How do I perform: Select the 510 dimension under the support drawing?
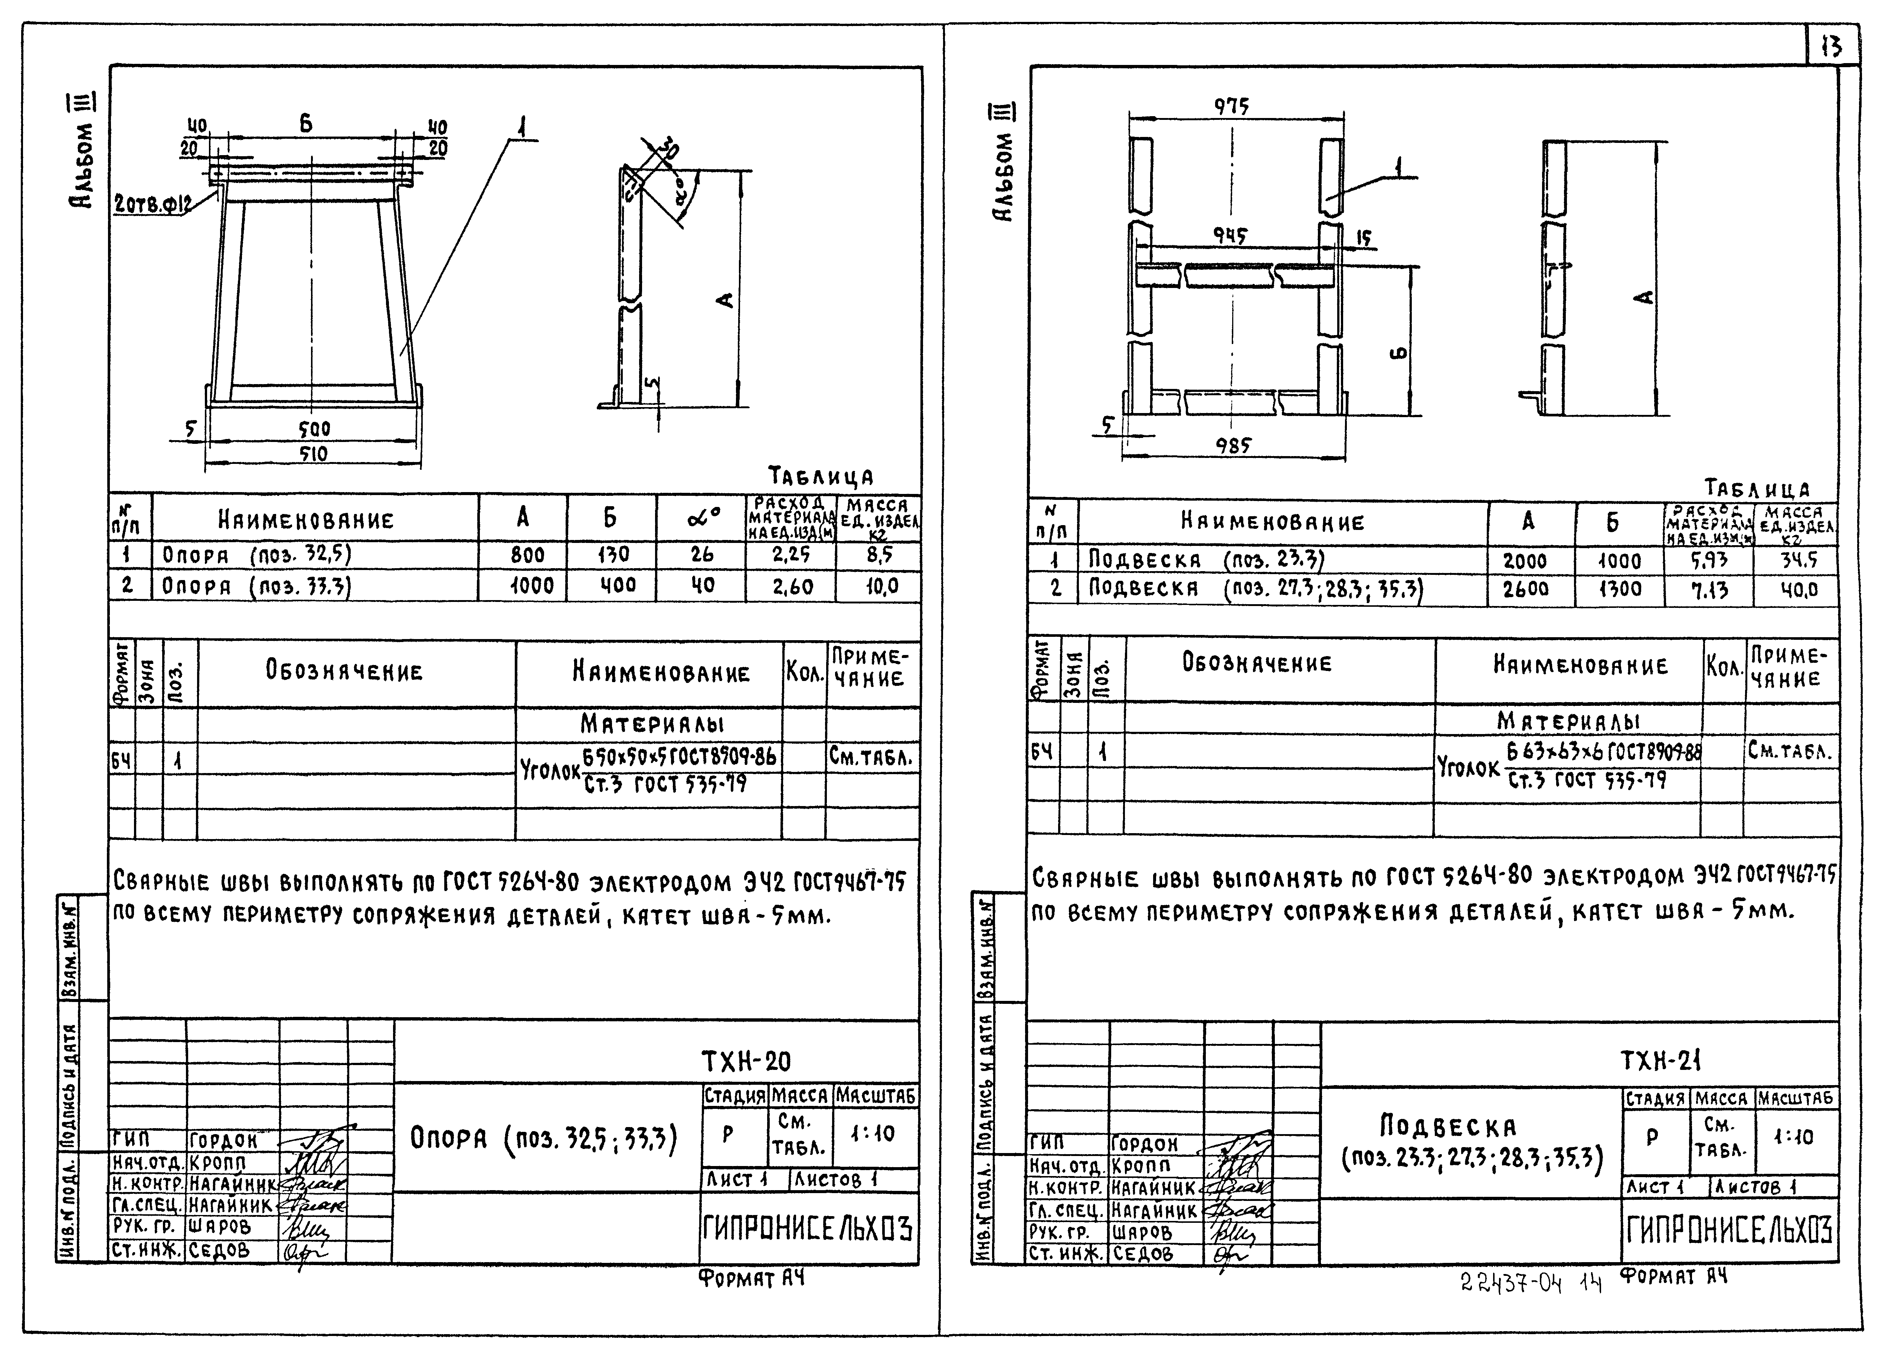coord(313,454)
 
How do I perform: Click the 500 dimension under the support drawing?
coord(314,429)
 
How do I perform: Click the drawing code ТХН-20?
coord(746,1061)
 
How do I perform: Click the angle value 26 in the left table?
coord(702,554)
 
